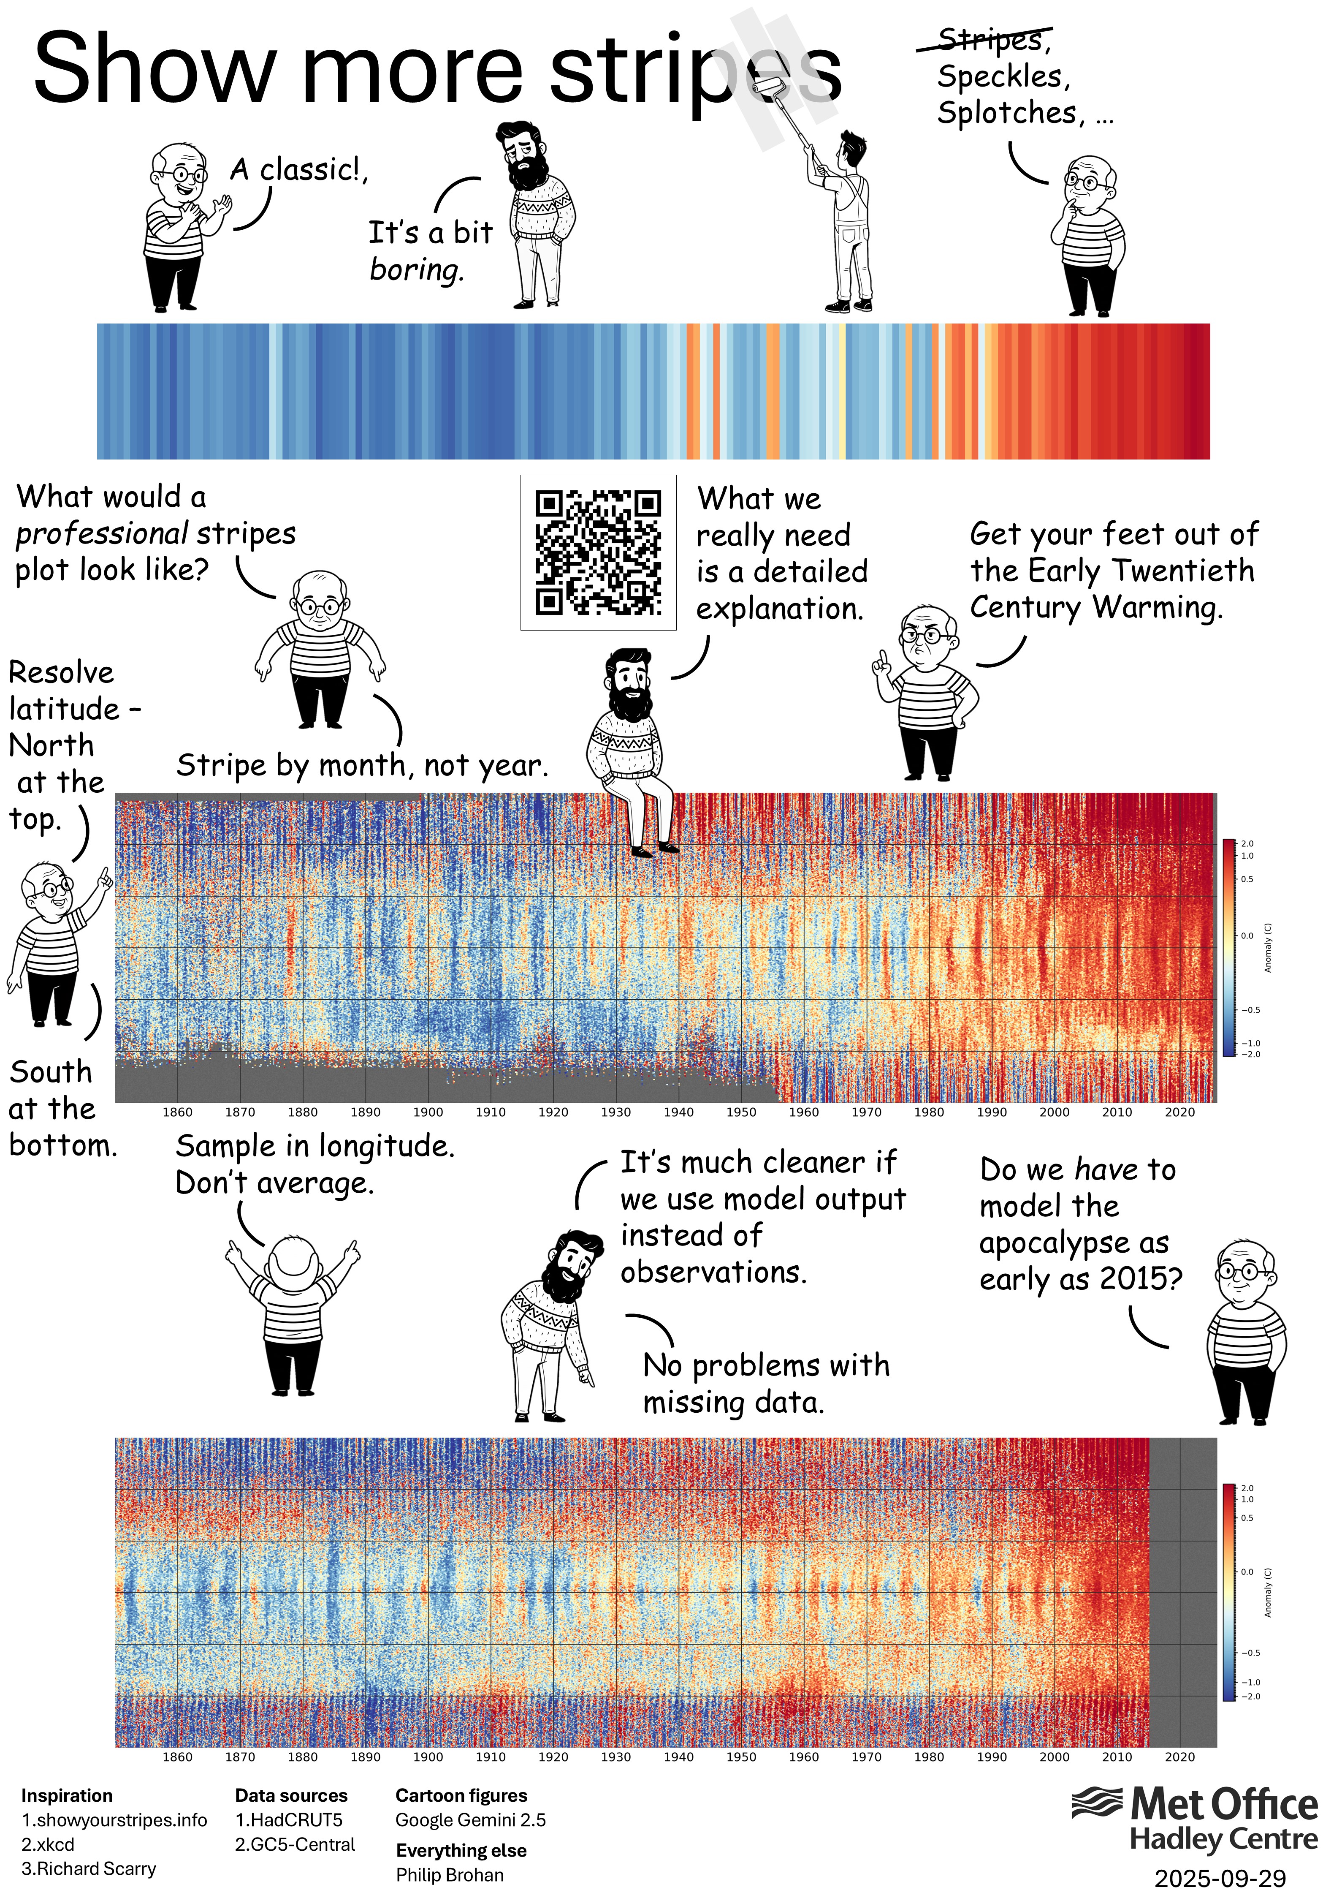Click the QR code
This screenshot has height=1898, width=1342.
(598, 552)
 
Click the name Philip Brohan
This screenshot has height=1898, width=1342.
(450, 1875)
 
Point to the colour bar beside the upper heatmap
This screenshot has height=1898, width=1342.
(1229, 946)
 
